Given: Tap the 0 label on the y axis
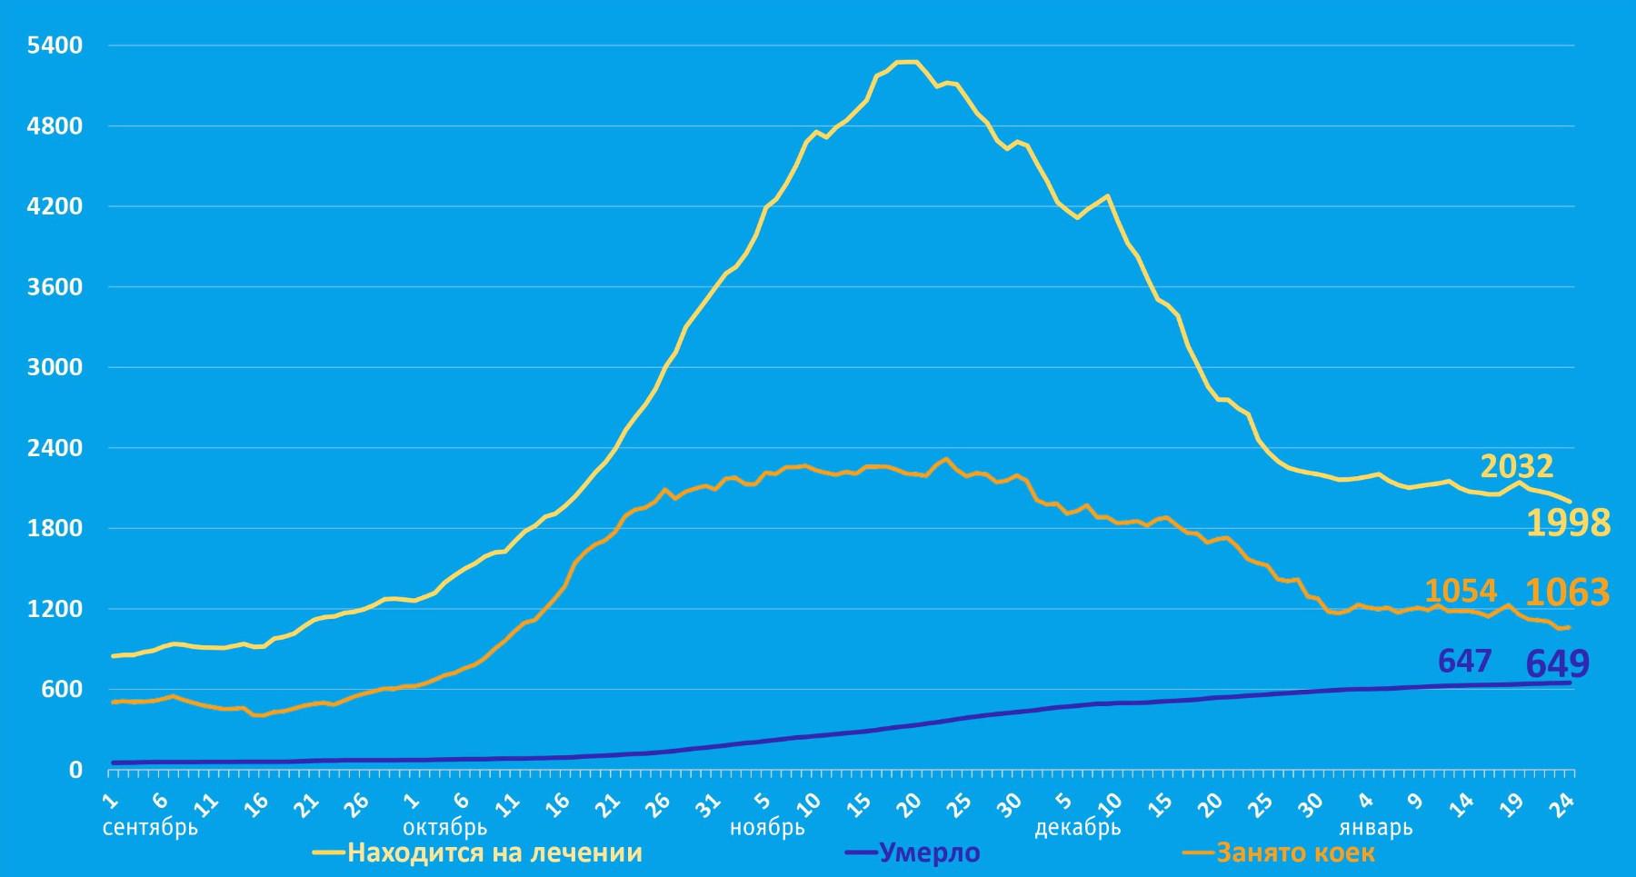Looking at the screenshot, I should (75, 770).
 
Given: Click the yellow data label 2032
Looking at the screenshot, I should (1517, 466).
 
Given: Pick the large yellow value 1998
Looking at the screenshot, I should (1568, 523).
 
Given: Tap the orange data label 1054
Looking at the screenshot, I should (1461, 592).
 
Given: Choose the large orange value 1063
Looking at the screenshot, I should (1567, 593).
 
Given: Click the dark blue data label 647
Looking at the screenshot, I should (1465, 661).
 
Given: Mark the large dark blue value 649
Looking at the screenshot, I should (1558, 663).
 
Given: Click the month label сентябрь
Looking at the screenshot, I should (150, 828).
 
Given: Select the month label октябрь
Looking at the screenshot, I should (444, 828).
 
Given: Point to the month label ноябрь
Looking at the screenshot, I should (768, 828).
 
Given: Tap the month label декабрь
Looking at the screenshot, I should (1077, 828).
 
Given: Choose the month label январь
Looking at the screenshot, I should (1375, 828).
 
